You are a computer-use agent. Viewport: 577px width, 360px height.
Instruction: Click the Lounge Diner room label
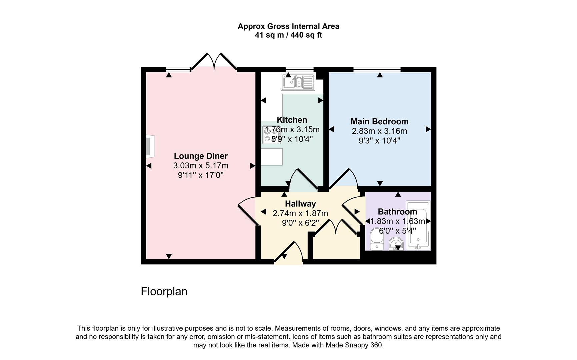(x=201, y=156)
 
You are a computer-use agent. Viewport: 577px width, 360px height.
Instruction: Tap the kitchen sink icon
(x=298, y=82)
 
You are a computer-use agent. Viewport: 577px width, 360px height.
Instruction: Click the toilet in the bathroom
(x=377, y=239)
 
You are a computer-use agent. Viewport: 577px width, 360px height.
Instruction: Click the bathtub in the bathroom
(x=418, y=225)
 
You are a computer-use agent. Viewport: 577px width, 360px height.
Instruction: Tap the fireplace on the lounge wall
(x=150, y=146)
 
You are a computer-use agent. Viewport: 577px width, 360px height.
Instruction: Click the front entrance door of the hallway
(x=289, y=253)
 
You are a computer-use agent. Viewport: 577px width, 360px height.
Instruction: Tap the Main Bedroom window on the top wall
(x=377, y=69)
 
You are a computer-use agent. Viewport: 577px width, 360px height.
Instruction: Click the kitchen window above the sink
(x=299, y=69)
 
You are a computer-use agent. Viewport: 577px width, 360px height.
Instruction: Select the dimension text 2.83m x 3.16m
(x=379, y=131)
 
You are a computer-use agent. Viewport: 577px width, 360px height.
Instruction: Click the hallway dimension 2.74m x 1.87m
(x=300, y=213)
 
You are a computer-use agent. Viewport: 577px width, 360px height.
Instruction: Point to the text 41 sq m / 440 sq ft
(x=288, y=35)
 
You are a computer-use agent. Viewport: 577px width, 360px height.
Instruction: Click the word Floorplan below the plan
(x=164, y=291)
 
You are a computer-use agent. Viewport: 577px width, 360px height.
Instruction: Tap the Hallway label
(x=300, y=204)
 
